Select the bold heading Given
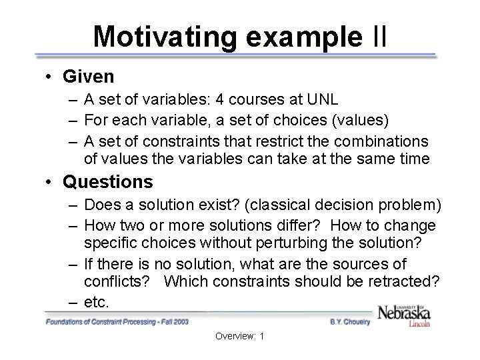coord(88,77)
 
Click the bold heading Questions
coord(107,181)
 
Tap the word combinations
coord(381,142)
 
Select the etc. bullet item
coord(96,302)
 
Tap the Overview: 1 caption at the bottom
coord(239,336)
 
